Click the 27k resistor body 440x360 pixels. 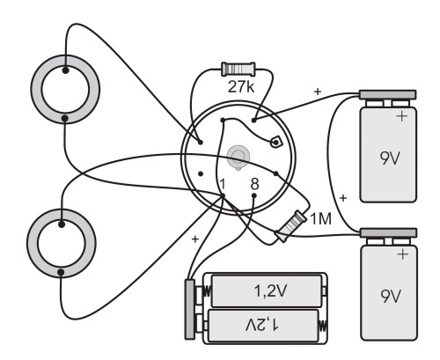(x=238, y=70)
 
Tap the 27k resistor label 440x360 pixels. (x=241, y=87)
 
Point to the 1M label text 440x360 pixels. (x=321, y=219)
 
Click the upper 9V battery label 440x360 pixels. (x=390, y=158)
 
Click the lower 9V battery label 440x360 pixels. (x=391, y=296)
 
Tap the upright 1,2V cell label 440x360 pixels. (x=270, y=290)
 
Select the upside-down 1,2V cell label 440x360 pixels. (x=261, y=325)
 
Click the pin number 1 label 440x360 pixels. (x=223, y=184)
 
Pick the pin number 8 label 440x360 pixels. (x=254, y=184)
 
